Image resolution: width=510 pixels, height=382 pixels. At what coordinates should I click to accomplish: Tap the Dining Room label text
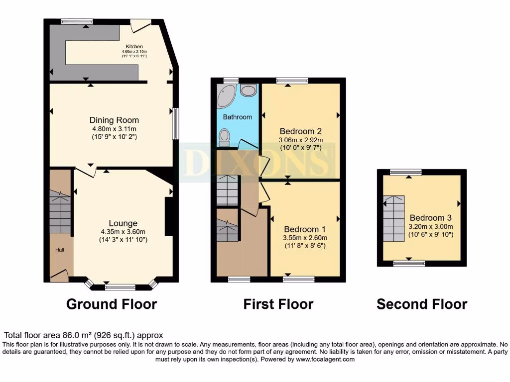[114, 120]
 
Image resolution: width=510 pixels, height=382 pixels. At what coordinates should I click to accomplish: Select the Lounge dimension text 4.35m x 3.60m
[123, 232]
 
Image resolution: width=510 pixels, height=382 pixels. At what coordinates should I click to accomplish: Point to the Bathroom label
[237, 117]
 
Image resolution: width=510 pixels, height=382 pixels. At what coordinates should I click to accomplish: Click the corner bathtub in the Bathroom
[227, 95]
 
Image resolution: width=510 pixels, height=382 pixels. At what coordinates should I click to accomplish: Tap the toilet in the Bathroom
[225, 137]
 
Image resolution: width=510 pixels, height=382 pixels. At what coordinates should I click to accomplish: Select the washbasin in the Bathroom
[248, 90]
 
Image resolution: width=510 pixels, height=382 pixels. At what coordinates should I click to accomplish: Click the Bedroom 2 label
[300, 131]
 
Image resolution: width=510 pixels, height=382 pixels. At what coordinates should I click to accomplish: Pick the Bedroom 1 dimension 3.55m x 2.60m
[304, 237]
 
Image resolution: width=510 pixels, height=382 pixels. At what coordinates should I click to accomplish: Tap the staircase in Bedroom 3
[393, 218]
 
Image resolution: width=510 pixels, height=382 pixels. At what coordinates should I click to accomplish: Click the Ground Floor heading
[112, 304]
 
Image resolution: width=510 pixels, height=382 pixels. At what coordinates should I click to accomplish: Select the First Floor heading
[278, 304]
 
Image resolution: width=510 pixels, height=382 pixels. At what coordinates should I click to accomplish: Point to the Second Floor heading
[421, 304]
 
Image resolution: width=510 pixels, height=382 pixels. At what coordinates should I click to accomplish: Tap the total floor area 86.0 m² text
[84, 336]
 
